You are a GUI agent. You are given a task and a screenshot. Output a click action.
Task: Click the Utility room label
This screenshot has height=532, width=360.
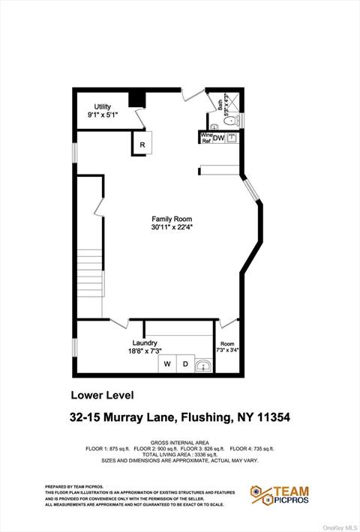pyautogui.click(x=102, y=106)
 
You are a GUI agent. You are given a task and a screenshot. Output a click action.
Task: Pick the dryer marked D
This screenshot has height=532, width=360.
pyautogui.click(x=184, y=365)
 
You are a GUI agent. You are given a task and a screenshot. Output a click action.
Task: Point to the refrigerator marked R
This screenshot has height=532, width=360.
pyautogui.click(x=142, y=144)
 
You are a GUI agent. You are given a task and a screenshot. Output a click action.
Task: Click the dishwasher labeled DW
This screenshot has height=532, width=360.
pyautogui.click(x=218, y=139)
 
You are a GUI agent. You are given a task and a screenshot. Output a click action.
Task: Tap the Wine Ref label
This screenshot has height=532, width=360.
pyautogui.click(x=205, y=139)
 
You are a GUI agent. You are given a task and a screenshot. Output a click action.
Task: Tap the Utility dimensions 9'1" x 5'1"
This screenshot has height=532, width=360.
pyautogui.click(x=102, y=115)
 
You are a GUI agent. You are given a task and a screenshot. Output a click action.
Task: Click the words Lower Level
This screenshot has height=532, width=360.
pyautogui.click(x=101, y=395)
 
